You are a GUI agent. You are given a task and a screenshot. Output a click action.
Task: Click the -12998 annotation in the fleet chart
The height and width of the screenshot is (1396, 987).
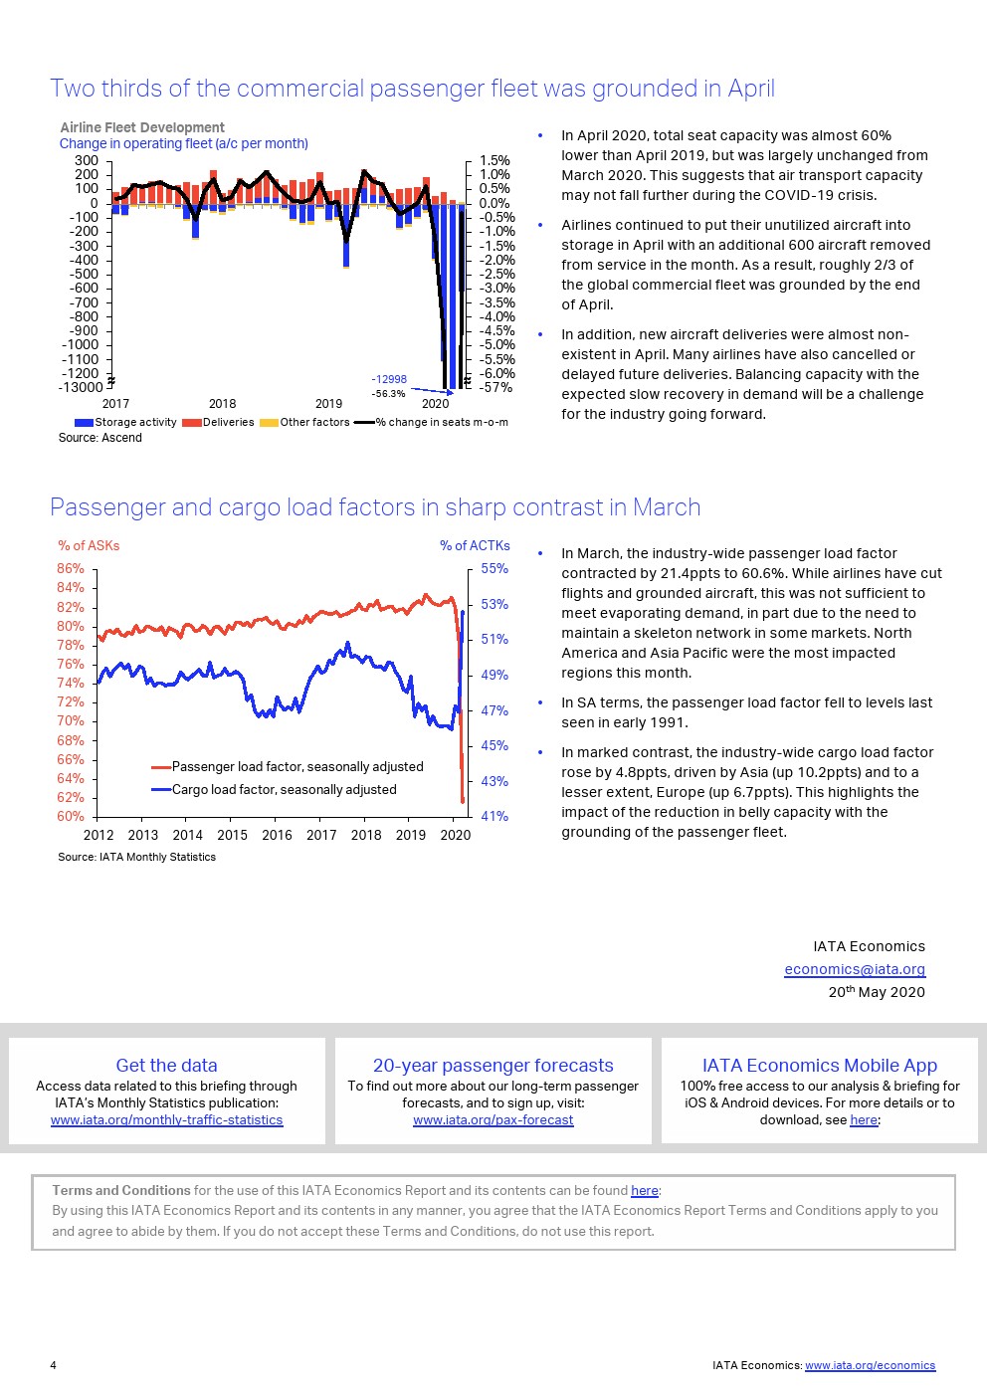tap(389, 379)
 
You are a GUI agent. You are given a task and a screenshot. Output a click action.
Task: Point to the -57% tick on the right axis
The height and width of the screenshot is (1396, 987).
tap(495, 387)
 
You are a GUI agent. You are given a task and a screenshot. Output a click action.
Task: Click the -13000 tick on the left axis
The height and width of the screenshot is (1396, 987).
tap(81, 387)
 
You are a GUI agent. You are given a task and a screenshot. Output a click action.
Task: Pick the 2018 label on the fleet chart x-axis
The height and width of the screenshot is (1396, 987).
tap(222, 403)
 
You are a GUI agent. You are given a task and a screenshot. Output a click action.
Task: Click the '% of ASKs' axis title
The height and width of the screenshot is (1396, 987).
tap(89, 545)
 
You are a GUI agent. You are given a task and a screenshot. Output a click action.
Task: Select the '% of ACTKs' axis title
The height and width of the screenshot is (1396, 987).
tap(475, 545)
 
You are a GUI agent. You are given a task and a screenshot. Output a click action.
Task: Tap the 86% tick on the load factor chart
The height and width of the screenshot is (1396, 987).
tap(71, 568)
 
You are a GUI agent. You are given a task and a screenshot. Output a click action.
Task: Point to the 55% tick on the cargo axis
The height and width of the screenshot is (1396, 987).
tap(494, 568)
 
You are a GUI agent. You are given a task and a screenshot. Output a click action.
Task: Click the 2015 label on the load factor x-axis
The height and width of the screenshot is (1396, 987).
tap(232, 835)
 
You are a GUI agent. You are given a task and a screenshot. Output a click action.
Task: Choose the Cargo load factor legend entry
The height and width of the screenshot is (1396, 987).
tap(284, 789)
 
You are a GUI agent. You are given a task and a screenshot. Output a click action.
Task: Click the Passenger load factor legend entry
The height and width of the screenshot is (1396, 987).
tap(297, 766)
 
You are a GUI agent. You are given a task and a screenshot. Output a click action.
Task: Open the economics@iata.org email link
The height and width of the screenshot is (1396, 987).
tap(855, 969)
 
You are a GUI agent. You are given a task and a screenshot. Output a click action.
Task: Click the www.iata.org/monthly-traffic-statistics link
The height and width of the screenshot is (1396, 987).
tap(166, 1119)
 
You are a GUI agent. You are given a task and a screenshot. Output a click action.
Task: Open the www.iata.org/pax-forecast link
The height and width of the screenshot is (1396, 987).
tap(493, 1119)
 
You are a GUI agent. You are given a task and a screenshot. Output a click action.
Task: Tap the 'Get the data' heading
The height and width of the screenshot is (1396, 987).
tap(166, 1065)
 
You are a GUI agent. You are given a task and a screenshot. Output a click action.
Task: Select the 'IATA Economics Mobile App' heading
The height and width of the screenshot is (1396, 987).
tap(820, 1065)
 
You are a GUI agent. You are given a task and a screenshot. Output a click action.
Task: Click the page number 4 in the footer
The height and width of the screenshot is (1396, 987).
tap(54, 1365)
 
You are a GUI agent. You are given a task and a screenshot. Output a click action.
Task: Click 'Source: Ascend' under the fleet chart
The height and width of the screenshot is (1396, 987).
tap(99, 438)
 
